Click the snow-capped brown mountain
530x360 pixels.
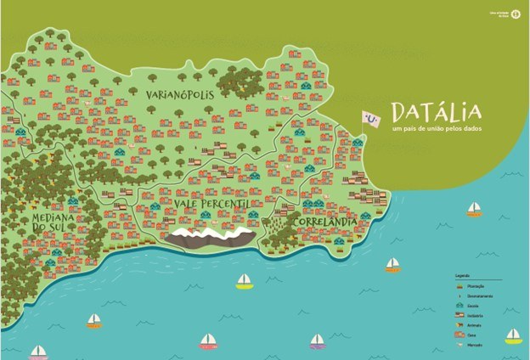tap(209, 238)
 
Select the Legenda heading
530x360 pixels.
tap(462, 276)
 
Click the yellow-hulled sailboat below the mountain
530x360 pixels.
tap(245, 280)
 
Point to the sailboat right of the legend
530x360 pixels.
tap(513, 336)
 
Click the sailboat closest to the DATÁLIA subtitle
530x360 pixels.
tap(474, 209)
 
